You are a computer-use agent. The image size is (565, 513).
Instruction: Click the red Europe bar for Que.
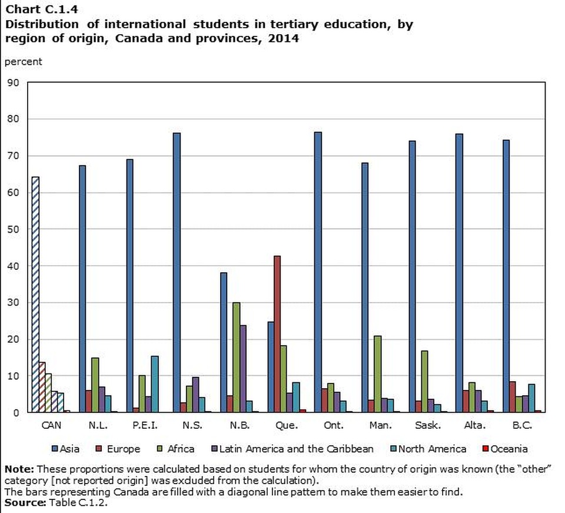point(277,334)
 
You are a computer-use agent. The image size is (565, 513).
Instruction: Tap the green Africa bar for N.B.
point(236,357)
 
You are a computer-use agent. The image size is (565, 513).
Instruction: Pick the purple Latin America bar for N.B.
point(242,369)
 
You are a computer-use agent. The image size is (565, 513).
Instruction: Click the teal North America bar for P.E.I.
point(155,384)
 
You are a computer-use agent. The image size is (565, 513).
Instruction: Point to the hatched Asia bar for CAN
point(35,294)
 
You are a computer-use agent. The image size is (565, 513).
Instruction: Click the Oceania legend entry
point(506,449)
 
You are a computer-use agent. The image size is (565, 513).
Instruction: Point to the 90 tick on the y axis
point(14,82)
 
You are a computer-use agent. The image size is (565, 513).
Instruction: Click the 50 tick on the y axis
point(14,229)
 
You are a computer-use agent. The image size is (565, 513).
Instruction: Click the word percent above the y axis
point(23,61)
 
